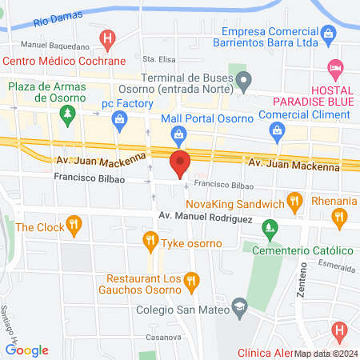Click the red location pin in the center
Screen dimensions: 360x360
[180, 162]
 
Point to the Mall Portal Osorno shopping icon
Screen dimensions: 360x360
[178, 135]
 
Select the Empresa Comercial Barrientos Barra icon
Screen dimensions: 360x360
[329, 33]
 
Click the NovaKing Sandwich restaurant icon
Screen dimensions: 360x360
[295, 201]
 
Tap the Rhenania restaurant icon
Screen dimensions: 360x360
[339, 216]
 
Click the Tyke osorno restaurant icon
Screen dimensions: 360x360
[150, 239]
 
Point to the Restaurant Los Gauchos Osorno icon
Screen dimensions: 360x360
[190, 280]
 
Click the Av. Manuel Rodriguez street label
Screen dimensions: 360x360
[206, 217]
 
